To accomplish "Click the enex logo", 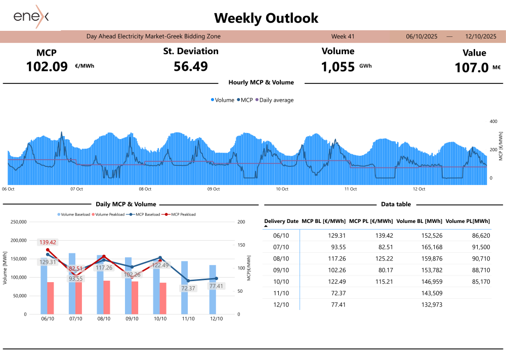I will [x=31, y=16].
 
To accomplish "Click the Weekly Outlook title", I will [x=266, y=18].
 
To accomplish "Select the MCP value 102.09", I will [x=47, y=66].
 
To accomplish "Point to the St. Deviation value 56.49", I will [x=191, y=66].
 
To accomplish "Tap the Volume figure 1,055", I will [x=338, y=67].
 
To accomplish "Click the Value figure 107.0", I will [x=472, y=67].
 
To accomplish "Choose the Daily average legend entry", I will [x=276, y=100].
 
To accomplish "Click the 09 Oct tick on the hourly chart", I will [x=214, y=189].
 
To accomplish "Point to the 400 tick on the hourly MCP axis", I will [x=494, y=121].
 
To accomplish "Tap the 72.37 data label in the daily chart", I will [x=188, y=288].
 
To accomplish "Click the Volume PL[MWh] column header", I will [x=468, y=221].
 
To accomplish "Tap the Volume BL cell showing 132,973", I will [x=432, y=305].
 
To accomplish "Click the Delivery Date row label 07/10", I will [x=281, y=247].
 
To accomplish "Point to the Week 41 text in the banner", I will [x=343, y=36].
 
